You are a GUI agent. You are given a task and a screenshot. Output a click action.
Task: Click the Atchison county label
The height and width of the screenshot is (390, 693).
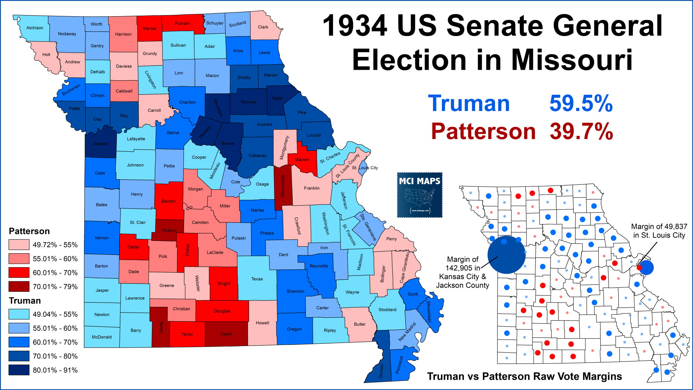tap(35, 28)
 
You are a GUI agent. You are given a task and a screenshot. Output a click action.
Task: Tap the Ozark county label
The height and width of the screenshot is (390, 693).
tap(226, 334)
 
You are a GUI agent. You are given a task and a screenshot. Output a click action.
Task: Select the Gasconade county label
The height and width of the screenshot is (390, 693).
tap(283, 186)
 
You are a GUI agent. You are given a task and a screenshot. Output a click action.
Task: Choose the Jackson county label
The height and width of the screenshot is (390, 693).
tap(100, 144)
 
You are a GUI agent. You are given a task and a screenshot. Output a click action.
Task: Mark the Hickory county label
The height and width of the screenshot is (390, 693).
tap(169, 230)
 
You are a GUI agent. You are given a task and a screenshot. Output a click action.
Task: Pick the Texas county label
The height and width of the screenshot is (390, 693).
tap(257, 279)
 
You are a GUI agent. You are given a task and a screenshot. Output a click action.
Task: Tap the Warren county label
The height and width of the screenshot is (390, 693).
tap(302, 160)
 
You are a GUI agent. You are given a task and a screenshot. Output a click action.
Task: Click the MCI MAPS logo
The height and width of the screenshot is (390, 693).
tap(420, 195)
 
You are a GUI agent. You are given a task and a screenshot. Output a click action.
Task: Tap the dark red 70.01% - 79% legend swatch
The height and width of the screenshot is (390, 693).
tap(19, 286)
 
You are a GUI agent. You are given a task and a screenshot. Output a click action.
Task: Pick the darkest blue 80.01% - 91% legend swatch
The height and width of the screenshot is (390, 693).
tap(19, 370)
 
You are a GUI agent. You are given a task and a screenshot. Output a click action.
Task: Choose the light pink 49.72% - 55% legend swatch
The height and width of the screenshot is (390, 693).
tap(19, 245)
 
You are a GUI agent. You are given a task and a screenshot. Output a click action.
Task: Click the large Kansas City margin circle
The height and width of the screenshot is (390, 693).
tap(506, 255)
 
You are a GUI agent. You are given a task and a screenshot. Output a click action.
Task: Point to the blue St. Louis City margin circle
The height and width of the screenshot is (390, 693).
tap(647, 267)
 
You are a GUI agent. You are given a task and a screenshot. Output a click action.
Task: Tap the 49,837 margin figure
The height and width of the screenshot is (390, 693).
tap(672, 226)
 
